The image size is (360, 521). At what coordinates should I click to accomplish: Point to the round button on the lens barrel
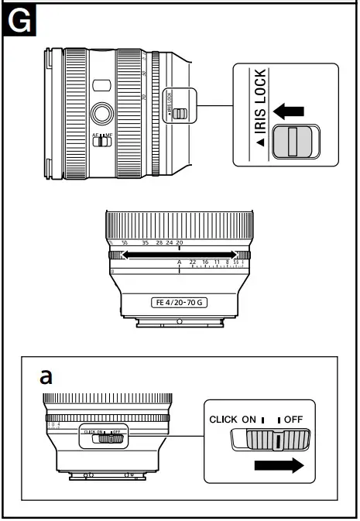pyautogui.click(x=100, y=112)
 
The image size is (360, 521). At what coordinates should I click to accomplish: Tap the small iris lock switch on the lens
pyautogui.click(x=180, y=114)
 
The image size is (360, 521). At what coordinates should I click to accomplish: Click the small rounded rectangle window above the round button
pyautogui.click(x=99, y=84)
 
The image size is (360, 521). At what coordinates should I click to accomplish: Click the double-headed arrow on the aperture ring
pyautogui.click(x=180, y=254)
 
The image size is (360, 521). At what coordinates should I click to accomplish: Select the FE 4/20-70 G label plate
pyautogui.click(x=180, y=302)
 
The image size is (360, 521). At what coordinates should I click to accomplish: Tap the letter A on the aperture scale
pyautogui.click(x=180, y=263)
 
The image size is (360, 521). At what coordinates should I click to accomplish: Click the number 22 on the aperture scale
pyautogui.click(x=192, y=263)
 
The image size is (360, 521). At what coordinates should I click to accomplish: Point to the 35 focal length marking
pyautogui.click(x=146, y=243)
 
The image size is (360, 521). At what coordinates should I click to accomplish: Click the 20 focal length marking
pyautogui.click(x=180, y=243)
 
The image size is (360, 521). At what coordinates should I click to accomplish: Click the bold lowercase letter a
pyautogui.click(x=46, y=376)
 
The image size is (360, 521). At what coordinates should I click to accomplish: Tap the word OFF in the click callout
pyautogui.click(x=293, y=419)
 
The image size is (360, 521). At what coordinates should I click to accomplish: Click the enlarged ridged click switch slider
pyautogui.click(x=271, y=441)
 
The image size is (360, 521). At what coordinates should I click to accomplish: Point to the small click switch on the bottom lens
pyautogui.click(x=108, y=438)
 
